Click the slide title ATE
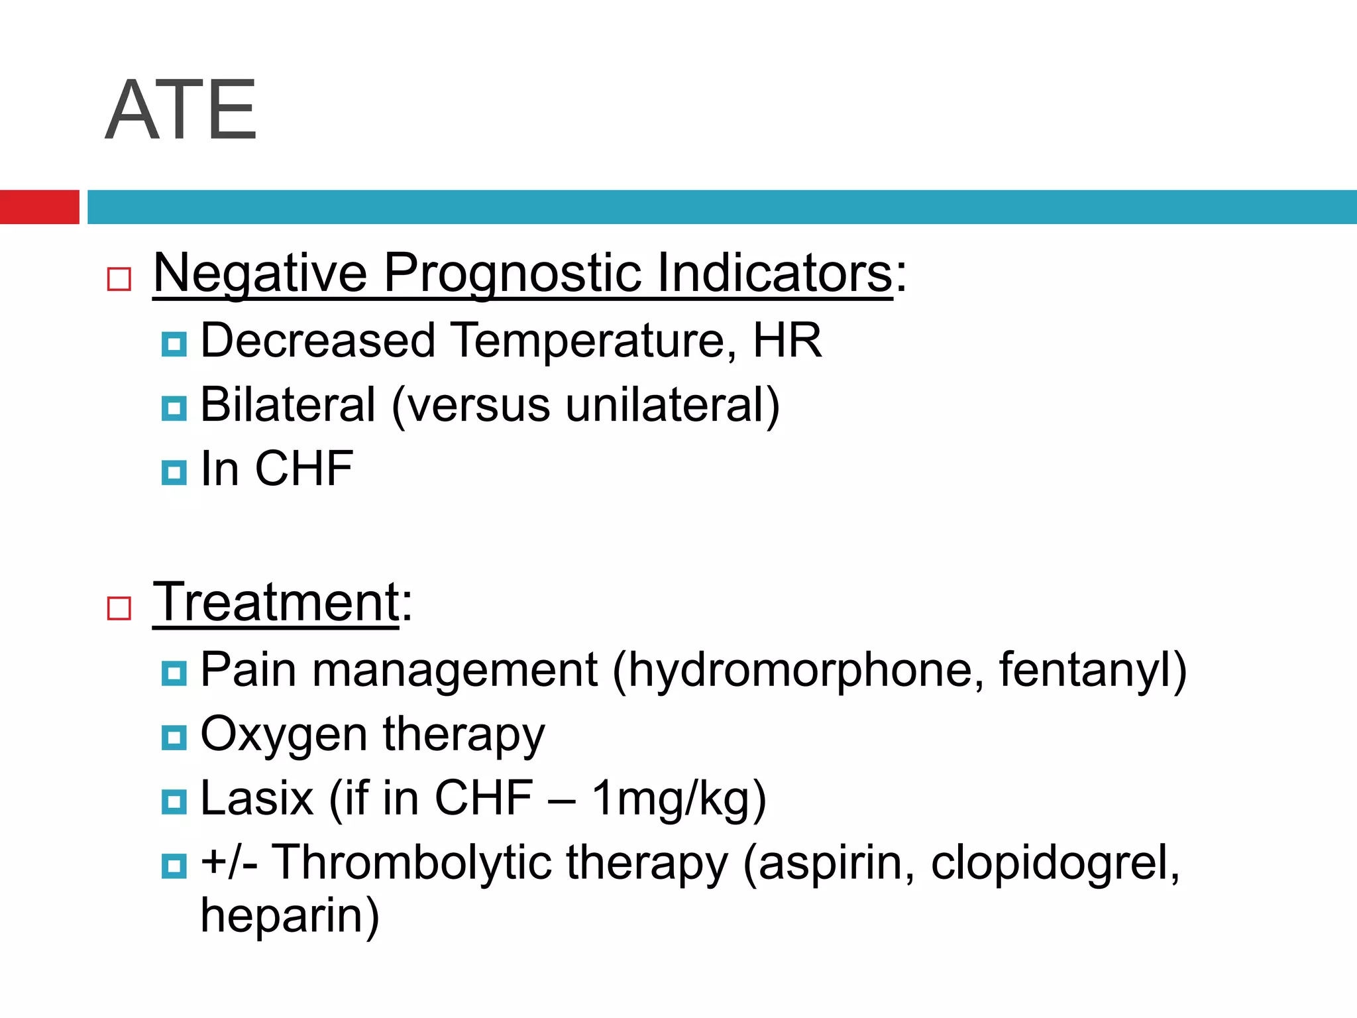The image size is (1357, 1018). coord(180,110)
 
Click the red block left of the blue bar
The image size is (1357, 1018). coord(39,207)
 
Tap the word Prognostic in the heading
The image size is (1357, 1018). coord(512,273)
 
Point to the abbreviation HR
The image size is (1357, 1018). coord(787,341)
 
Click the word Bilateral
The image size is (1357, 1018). coord(288,405)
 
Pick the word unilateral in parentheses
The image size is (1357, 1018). coord(665,405)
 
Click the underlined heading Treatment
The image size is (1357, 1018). coord(276,602)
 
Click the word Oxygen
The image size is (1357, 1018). coord(284,735)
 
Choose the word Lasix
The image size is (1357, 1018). coord(256,798)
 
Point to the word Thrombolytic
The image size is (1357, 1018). coord(411,863)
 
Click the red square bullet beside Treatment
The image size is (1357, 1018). coord(119,608)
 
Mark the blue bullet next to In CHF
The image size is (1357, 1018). coord(174,473)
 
